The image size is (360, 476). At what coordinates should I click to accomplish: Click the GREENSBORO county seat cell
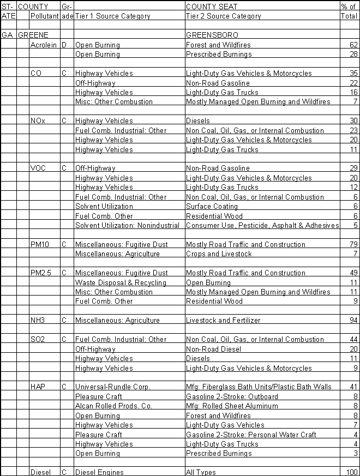pos(208,35)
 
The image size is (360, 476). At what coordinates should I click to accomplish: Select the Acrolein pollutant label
pos(44,45)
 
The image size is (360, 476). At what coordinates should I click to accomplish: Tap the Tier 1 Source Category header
pos(112,16)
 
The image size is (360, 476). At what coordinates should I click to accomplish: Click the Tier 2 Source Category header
pos(224,16)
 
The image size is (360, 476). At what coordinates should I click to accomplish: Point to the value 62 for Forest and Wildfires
pos(352,45)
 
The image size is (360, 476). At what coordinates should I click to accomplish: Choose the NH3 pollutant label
pos(38,320)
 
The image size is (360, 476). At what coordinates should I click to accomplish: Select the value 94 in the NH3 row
pos(352,320)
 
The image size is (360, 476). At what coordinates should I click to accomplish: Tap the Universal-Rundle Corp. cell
pos(112,387)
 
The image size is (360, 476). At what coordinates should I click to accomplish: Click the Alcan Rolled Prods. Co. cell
pos(114,406)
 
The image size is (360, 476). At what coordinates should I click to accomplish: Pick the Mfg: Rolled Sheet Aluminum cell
pos(232,406)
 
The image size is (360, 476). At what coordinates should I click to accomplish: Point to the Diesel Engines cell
pos(99,472)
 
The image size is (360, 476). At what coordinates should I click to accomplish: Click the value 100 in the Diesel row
pos(350,472)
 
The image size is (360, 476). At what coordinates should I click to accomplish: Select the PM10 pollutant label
pos(40,244)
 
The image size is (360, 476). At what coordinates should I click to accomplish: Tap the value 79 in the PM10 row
pos(352,244)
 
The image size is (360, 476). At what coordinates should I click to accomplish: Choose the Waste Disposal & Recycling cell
pos(121,282)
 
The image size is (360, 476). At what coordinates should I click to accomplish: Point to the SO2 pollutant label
pos(38,339)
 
